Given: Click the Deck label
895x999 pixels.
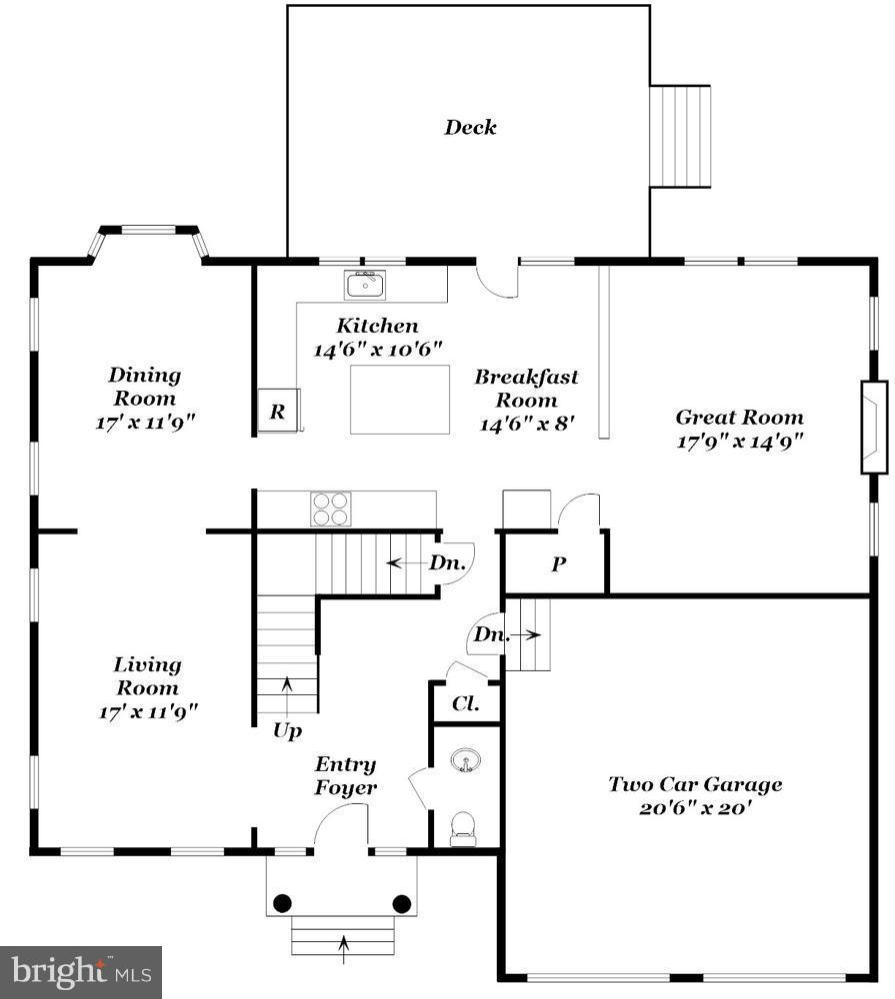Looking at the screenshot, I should [470, 128].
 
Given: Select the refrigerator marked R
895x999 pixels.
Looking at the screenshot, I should [278, 412].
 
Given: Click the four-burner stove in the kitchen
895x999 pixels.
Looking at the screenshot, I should [332, 508].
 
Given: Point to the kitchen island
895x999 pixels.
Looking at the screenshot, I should [399, 400].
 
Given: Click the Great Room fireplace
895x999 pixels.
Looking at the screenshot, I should [873, 427].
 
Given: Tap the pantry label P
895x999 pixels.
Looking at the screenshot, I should [558, 564].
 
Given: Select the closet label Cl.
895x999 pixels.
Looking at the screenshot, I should [464, 703].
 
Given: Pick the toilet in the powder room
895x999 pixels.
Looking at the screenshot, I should [463, 828].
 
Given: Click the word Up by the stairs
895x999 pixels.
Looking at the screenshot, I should [287, 731].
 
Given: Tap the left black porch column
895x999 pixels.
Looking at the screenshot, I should [283, 903].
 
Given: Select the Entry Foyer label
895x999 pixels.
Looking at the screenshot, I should [346, 776].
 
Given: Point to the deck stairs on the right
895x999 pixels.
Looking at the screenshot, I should [680, 136].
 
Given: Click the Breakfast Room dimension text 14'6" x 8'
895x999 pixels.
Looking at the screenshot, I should [526, 424].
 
